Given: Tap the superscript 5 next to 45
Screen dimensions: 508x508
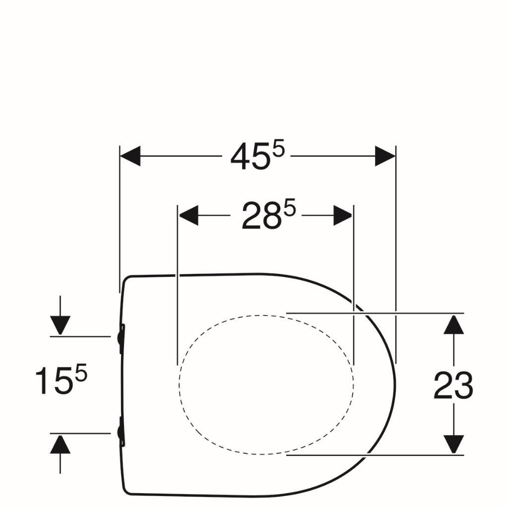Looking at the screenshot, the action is (278, 149).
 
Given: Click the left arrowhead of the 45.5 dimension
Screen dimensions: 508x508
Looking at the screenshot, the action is (130, 156).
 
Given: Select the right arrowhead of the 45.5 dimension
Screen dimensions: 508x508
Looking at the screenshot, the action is (385, 156).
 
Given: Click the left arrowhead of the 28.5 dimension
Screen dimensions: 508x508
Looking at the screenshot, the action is (189, 215).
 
